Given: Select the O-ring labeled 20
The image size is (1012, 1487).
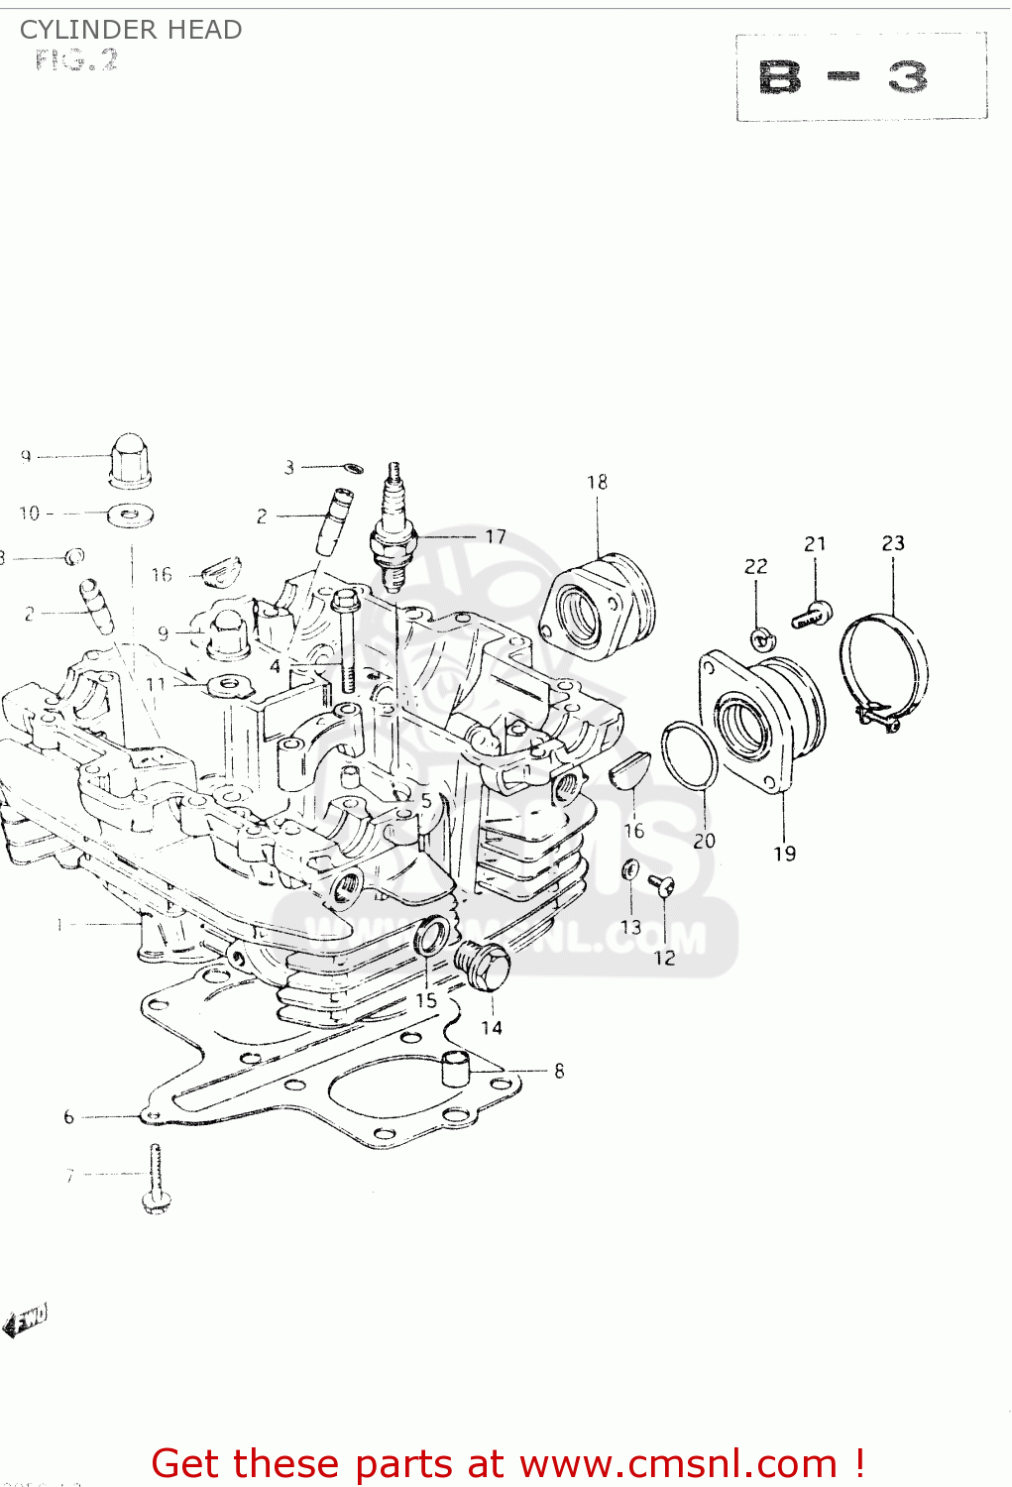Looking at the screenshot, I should pyautogui.click(x=690, y=755).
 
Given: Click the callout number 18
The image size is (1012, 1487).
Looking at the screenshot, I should pyautogui.click(x=597, y=482).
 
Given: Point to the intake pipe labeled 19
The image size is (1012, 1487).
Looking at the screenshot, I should pyautogui.click(x=764, y=718).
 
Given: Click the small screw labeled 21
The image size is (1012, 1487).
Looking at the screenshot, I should pyautogui.click(x=813, y=616).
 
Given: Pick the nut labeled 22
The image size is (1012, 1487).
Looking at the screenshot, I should pyautogui.click(x=761, y=639).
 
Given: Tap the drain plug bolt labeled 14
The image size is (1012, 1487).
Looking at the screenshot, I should pyautogui.click(x=483, y=965).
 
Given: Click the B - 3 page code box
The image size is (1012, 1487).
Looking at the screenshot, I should pyautogui.click(x=860, y=77).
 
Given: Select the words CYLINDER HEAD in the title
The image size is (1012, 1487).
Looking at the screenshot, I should pyautogui.click(x=131, y=30).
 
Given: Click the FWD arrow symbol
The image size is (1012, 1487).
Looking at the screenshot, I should pyautogui.click(x=25, y=1320).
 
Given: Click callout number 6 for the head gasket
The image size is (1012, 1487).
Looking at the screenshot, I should pyautogui.click(x=68, y=1117).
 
